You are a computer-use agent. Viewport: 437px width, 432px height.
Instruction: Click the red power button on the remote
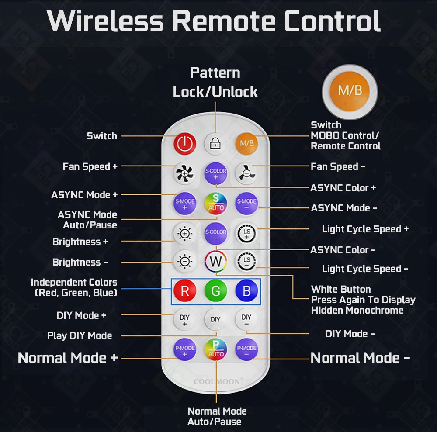coord(185,143)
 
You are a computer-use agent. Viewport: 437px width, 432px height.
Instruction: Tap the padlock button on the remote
coord(215,143)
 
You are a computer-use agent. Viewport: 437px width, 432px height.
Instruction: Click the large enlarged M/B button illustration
coord(350,91)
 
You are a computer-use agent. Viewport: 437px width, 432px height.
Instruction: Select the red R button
coord(185,291)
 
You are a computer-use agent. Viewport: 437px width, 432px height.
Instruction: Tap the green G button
coord(215,291)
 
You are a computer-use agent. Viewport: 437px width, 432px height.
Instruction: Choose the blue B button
coord(246,291)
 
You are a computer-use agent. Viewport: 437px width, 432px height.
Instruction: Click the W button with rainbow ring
coord(216,262)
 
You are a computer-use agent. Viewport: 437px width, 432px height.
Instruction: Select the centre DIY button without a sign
coord(215,319)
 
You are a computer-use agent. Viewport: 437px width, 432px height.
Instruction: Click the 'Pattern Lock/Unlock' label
coord(215,82)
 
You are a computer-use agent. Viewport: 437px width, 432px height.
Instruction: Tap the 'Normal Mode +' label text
coord(68,358)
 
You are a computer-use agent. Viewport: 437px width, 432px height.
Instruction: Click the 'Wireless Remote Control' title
coord(214,21)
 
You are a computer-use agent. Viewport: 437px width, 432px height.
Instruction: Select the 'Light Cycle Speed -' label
coord(365,269)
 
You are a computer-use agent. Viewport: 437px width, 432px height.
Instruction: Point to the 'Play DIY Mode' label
coord(80,335)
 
